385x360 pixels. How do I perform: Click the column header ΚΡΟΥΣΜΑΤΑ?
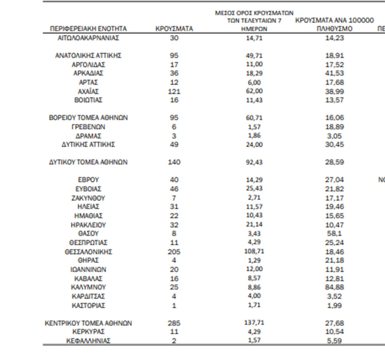click(x=174, y=29)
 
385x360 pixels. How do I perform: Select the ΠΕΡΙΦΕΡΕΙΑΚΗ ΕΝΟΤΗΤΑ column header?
click(x=88, y=29)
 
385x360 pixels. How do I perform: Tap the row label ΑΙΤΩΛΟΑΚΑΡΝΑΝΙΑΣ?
click(x=88, y=38)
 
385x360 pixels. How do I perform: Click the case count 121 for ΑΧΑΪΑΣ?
click(x=174, y=92)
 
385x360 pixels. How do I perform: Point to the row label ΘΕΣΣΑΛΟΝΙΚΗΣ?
click(x=88, y=252)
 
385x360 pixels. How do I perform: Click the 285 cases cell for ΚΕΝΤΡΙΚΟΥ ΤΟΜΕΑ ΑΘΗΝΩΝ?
click(x=174, y=323)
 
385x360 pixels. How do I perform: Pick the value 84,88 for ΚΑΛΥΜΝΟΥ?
click(x=335, y=287)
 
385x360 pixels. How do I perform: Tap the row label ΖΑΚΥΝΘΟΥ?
click(x=88, y=198)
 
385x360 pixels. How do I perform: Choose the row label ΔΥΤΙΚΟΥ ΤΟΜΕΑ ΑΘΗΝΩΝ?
click(x=88, y=162)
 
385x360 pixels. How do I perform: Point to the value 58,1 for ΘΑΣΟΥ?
click(x=335, y=234)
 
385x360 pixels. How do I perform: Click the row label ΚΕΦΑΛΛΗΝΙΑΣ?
click(x=88, y=341)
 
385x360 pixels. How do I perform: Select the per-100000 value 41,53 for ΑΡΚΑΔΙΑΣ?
click(x=335, y=74)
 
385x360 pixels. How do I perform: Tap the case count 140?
click(x=174, y=162)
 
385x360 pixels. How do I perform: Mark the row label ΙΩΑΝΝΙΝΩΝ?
click(x=88, y=270)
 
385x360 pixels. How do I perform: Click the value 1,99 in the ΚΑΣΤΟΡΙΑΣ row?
click(x=335, y=305)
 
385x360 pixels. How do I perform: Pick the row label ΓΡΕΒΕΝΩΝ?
click(x=88, y=127)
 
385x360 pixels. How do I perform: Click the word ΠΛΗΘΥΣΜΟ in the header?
click(x=335, y=29)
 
